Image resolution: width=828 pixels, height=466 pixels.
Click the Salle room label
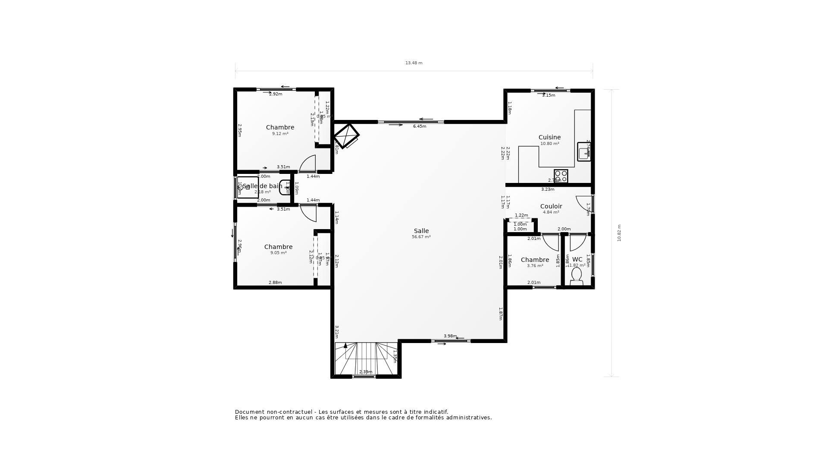click(x=421, y=231)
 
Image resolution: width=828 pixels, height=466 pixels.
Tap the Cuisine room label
click(x=549, y=137)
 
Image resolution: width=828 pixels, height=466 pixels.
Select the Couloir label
click(x=551, y=206)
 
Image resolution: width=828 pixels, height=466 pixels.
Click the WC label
click(x=577, y=259)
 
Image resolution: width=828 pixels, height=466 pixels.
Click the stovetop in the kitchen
click(x=561, y=176)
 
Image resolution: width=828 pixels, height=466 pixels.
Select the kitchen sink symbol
click(x=584, y=152)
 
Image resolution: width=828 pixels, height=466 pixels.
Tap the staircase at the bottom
click(x=366, y=358)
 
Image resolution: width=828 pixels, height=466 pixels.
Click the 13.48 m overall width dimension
click(x=414, y=63)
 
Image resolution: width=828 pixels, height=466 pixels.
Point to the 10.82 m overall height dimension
click(x=619, y=233)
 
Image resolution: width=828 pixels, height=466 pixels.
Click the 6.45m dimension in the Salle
click(x=419, y=126)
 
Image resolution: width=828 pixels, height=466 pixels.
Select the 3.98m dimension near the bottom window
click(x=450, y=336)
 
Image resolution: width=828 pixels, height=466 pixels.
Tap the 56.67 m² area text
click(x=421, y=237)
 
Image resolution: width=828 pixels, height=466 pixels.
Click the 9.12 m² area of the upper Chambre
click(x=280, y=134)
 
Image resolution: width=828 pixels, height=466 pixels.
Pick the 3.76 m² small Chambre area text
click(x=535, y=266)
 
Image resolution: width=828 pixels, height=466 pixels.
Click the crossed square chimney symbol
click(x=346, y=136)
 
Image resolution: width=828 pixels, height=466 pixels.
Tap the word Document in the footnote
click(x=249, y=412)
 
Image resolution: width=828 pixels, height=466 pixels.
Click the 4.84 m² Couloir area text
click(x=551, y=212)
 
